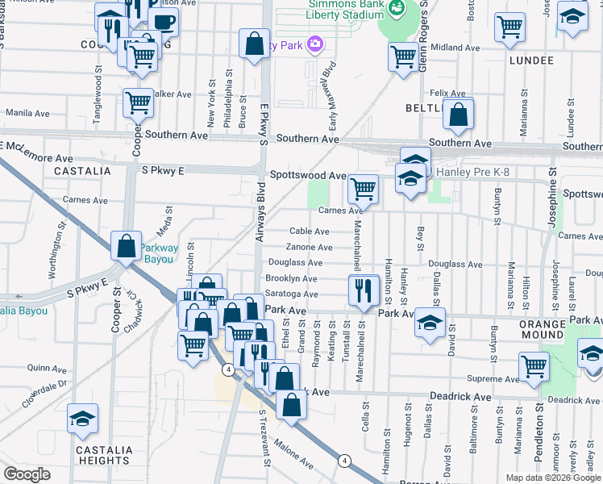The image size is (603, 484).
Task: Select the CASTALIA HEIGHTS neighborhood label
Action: click(x=82, y=456)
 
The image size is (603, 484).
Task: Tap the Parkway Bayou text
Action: click(x=164, y=253)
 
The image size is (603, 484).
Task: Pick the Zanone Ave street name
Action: click(x=310, y=247)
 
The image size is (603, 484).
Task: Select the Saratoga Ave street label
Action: click(x=292, y=294)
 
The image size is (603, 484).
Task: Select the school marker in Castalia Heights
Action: click(x=82, y=418)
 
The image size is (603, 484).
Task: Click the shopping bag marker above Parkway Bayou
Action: click(x=127, y=245)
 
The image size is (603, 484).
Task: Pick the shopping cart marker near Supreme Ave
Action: click(x=534, y=365)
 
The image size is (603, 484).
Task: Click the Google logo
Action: click(x=27, y=474)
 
